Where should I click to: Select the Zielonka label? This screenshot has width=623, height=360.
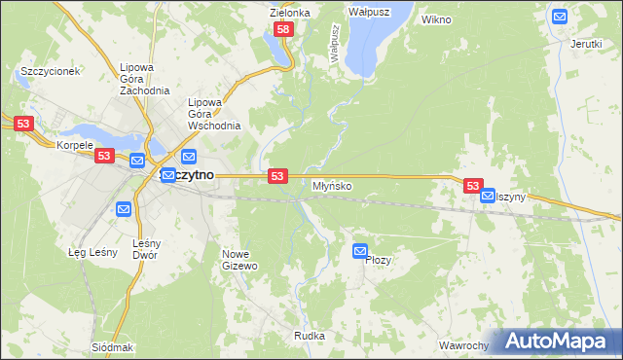[x=289, y=13]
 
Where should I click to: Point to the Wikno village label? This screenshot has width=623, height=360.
[x=436, y=18]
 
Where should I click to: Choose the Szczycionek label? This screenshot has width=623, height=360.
[x=50, y=71]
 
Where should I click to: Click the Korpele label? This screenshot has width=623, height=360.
[x=74, y=145]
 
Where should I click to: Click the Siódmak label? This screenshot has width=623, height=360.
[x=112, y=347]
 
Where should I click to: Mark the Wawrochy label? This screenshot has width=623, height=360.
[x=462, y=345]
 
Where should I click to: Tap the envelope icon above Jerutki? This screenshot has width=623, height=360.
[x=560, y=16]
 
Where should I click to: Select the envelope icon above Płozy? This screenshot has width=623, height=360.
[x=360, y=250]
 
